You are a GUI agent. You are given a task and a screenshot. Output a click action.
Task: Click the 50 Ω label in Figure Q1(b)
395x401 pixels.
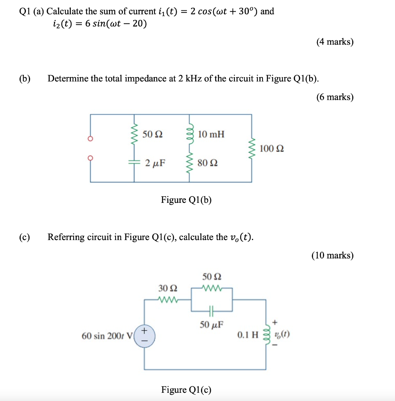(152, 134)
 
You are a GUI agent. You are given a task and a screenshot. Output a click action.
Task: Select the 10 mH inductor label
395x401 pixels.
(211, 134)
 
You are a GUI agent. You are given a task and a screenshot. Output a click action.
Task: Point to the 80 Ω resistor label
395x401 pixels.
(208, 163)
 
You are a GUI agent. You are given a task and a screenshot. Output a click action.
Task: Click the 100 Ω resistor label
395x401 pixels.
(272, 149)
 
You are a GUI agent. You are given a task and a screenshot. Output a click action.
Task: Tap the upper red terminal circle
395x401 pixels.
(91, 139)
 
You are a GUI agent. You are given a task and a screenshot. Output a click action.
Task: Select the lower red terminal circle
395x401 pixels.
(91, 158)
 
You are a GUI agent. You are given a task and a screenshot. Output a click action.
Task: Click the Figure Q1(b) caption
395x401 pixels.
(186, 200)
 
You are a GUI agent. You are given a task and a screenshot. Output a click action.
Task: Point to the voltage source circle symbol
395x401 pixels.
(144, 336)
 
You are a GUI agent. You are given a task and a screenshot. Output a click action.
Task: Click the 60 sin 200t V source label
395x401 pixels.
(107, 336)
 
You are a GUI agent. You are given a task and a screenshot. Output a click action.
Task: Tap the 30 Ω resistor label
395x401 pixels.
(168, 288)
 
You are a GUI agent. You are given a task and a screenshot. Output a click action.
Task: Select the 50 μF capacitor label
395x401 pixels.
(212, 324)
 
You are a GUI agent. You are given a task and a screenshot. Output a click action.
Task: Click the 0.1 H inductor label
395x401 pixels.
(248, 335)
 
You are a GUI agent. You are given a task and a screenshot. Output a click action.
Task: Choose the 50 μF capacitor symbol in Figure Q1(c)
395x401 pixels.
(212, 312)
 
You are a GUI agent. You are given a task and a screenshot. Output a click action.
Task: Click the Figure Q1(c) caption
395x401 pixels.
(186, 390)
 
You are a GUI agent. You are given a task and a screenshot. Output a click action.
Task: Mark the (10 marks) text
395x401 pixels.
(332, 256)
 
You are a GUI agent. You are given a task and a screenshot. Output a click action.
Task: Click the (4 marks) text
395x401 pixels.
(335, 42)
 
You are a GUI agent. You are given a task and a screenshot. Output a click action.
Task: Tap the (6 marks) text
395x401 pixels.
(335, 97)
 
